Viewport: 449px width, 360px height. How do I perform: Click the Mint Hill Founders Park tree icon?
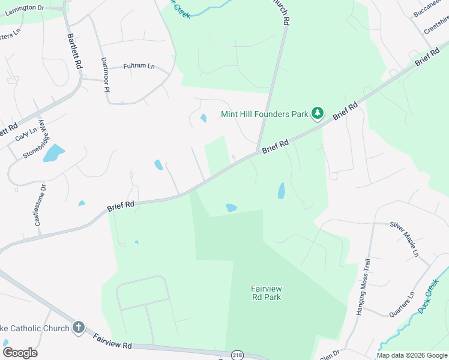point(318,113)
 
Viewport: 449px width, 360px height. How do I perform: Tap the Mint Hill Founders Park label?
point(264,113)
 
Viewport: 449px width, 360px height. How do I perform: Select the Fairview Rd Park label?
point(266,293)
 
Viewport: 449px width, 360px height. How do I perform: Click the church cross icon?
point(78,327)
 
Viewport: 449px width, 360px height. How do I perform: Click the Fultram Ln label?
point(139,66)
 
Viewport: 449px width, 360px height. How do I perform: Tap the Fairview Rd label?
point(112,343)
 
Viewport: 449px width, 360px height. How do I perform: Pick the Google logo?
point(20,353)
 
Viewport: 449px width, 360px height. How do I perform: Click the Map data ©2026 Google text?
point(411,355)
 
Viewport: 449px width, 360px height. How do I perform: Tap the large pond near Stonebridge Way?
point(54,152)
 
